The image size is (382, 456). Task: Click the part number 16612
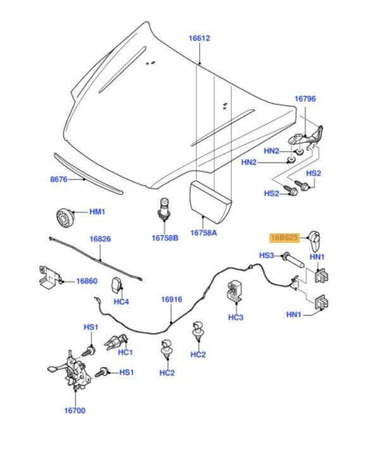tap(199, 39)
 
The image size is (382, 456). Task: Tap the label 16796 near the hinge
tap(304, 99)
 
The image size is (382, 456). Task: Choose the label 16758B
tap(164, 238)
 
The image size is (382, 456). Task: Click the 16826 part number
tap(100, 239)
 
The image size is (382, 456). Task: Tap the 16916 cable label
tap(171, 299)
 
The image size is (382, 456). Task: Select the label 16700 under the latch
tap(75, 410)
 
